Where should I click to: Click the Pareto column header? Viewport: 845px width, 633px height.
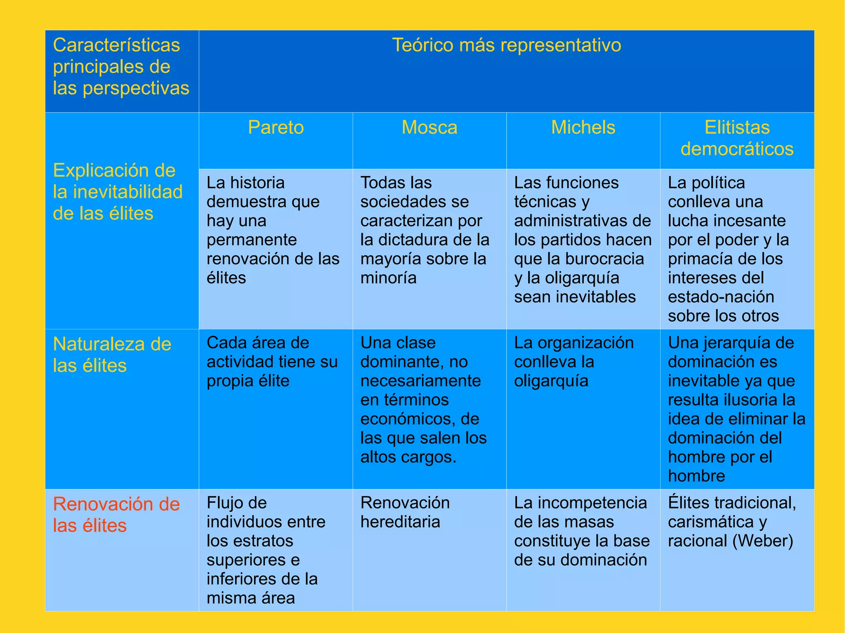coord(276,127)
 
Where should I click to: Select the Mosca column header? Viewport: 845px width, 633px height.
coord(430,127)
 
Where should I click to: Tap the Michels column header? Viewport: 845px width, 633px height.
coord(583,127)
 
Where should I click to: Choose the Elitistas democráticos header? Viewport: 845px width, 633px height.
coord(737,138)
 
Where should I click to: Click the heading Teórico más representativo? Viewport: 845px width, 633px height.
coord(506,45)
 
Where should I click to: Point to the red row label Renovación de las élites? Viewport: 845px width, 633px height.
coord(116,515)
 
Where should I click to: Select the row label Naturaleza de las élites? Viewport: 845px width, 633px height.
coord(112,355)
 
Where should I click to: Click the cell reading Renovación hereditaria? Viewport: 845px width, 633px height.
coord(405,512)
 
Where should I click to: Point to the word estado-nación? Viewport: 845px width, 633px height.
coord(721,297)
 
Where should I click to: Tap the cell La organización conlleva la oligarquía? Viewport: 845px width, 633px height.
coord(574,362)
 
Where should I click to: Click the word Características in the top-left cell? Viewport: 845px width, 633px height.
coord(116,45)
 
